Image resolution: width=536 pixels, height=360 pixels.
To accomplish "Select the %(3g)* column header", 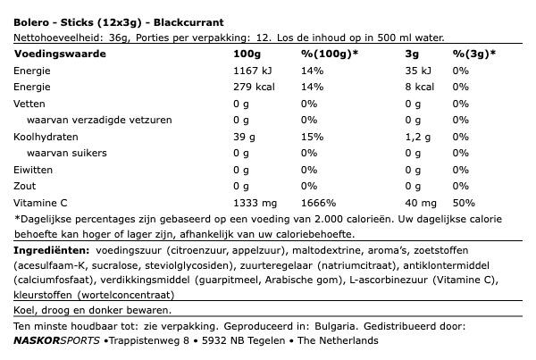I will click(x=474, y=54).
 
